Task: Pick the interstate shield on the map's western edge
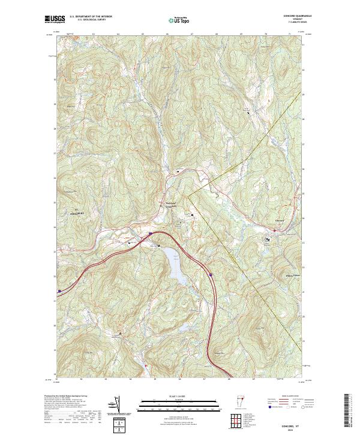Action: point(59,291)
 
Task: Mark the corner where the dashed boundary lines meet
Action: point(187,195)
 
